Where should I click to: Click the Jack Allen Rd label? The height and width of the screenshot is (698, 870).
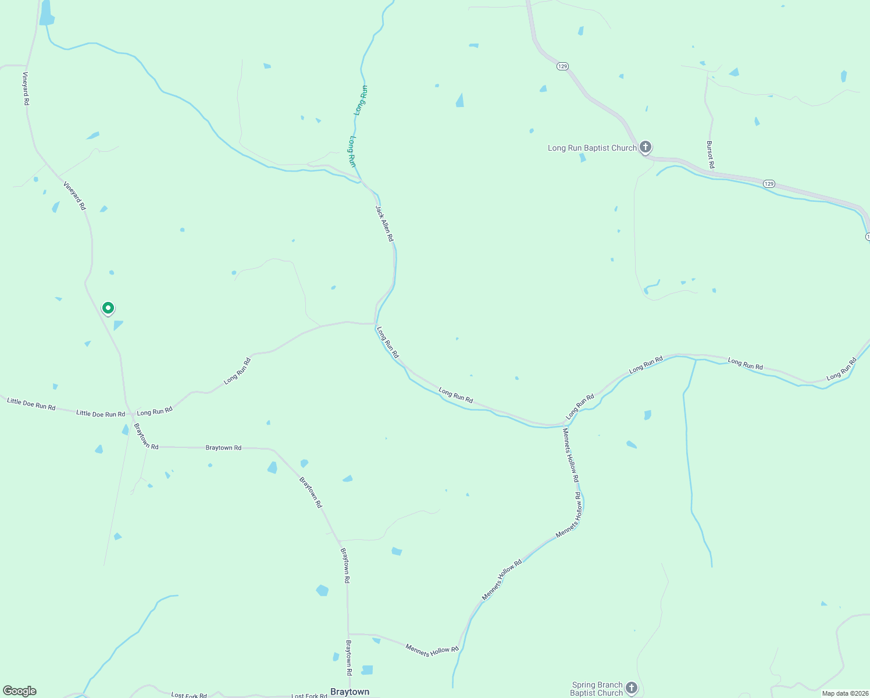point(384,223)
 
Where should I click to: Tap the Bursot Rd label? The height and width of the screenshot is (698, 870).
point(710,155)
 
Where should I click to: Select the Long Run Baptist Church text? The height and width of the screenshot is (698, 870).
point(592,148)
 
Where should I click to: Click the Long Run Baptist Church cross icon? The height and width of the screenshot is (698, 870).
point(646,147)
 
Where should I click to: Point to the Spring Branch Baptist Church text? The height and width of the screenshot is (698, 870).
point(597,689)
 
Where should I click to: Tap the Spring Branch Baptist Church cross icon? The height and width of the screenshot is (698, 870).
point(632,689)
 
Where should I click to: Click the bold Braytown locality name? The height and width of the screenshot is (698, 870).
point(350,692)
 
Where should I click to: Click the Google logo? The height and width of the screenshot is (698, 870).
point(20,691)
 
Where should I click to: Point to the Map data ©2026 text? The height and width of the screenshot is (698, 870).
point(845,693)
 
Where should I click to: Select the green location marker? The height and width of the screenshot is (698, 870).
point(108,308)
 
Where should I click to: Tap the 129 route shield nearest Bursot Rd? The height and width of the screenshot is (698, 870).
point(769,184)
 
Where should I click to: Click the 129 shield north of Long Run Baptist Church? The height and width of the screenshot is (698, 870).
point(562,66)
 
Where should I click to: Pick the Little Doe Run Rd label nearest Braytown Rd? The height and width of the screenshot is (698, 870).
point(101,414)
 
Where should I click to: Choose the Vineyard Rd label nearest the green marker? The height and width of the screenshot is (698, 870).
point(75,197)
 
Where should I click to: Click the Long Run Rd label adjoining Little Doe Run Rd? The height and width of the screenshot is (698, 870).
point(155,411)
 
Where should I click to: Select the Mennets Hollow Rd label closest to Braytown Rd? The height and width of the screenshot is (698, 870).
point(432,650)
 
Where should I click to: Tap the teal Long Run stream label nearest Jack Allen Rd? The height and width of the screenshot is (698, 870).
point(352,152)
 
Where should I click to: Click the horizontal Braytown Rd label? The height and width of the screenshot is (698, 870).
point(223,448)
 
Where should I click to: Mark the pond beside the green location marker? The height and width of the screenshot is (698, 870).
point(118,325)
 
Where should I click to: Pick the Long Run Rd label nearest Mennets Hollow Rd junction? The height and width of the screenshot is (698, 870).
point(580,407)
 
